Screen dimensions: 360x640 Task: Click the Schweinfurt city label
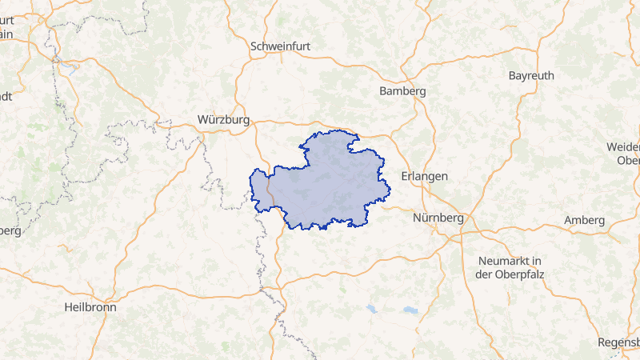(280, 46)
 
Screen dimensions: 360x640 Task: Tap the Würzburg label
(223, 120)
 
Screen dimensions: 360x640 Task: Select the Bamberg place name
(403, 91)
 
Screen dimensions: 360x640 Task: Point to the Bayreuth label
(531, 75)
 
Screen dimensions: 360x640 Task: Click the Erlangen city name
(424, 176)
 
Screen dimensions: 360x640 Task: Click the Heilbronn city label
(90, 306)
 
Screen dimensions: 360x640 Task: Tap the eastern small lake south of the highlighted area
(410, 310)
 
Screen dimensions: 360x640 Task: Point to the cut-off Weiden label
(624, 147)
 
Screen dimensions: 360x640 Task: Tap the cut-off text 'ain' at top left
(6, 34)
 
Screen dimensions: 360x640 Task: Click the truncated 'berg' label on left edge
(10, 230)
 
